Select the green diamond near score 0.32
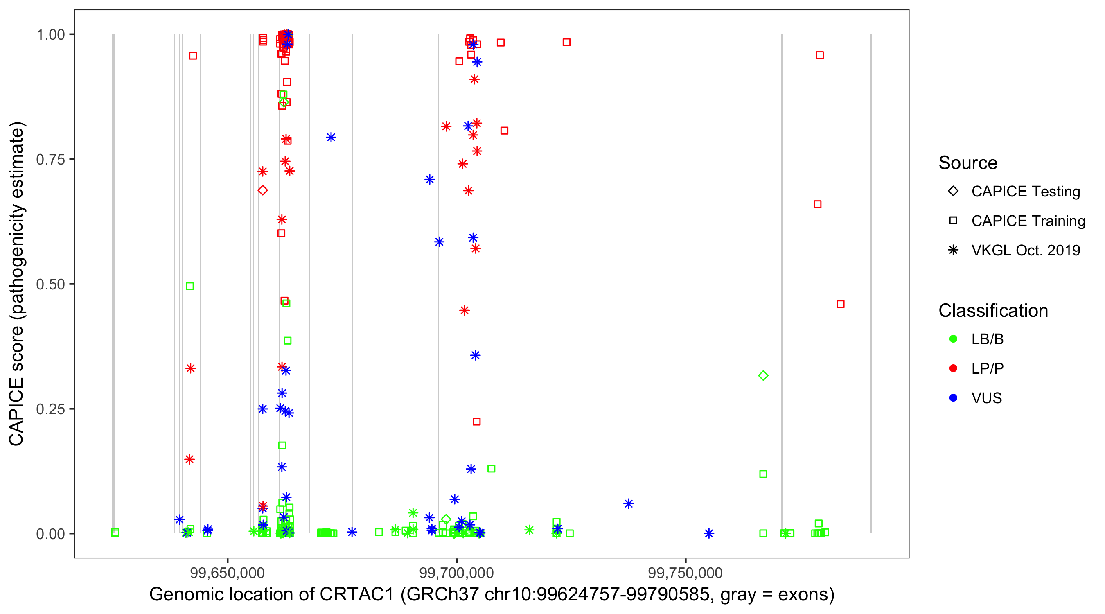pos(763,375)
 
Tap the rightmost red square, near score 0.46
pos(840,304)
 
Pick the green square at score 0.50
pos(190,286)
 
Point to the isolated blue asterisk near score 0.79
pos(331,137)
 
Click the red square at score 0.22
pos(476,421)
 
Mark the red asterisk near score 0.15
pos(189,459)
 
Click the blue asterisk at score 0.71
pos(430,179)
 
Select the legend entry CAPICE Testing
pos(1025,192)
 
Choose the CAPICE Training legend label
pos(1028,221)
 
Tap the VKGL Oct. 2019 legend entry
pos(1025,250)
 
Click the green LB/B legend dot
pos(954,339)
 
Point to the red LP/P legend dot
pos(954,368)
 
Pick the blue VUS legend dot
pos(954,398)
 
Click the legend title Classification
pos(993,310)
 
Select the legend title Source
pos(968,163)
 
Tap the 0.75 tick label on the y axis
pos(50,159)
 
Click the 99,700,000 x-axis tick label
pos(456,573)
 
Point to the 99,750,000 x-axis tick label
pos(685,573)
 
